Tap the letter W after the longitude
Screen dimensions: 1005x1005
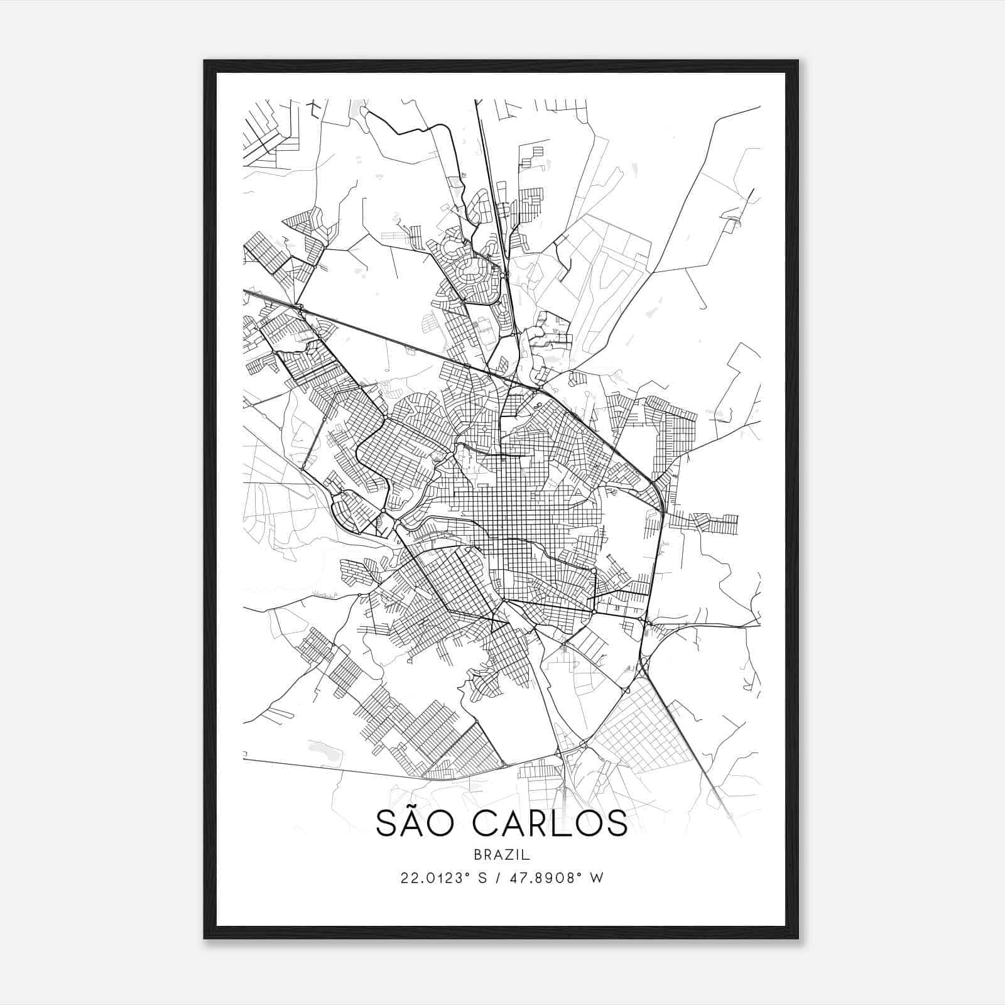click(597, 878)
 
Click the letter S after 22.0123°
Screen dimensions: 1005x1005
click(482, 878)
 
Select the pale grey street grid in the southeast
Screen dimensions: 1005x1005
click(634, 729)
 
